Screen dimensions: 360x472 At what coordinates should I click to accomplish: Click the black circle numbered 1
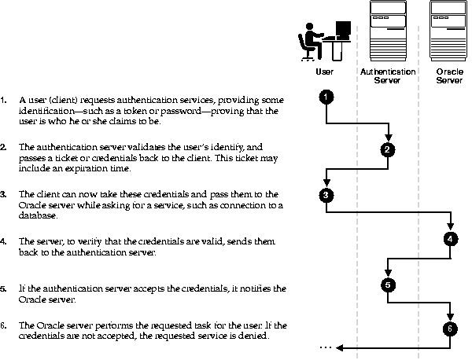[x=327, y=97]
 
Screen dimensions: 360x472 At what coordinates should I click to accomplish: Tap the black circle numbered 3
[x=327, y=193]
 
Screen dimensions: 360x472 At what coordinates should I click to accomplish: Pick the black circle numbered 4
[x=449, y=238]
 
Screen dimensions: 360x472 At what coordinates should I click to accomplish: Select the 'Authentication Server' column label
[x=387, y=75]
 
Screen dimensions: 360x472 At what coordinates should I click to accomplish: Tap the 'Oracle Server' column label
[x=449, y=75]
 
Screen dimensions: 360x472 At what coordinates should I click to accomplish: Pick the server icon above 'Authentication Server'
[x=387, y=31]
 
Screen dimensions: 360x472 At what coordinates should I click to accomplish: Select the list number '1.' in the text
[x=5, y=101]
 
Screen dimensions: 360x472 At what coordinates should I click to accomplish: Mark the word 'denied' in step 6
[x=253, y=336]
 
